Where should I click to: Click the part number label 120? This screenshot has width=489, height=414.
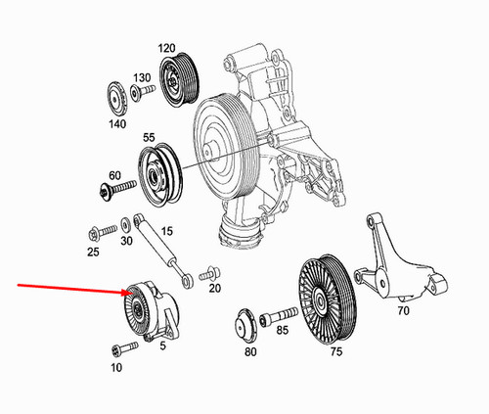click(x=165, y=47)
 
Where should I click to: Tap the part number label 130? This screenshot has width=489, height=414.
click(x=143, y=77)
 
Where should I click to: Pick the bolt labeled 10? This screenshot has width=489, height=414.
click(x=118, y=348)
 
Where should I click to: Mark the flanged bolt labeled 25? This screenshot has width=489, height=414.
click(x=95, y=233)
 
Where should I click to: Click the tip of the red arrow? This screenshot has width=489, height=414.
click(x=129, y=293)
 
